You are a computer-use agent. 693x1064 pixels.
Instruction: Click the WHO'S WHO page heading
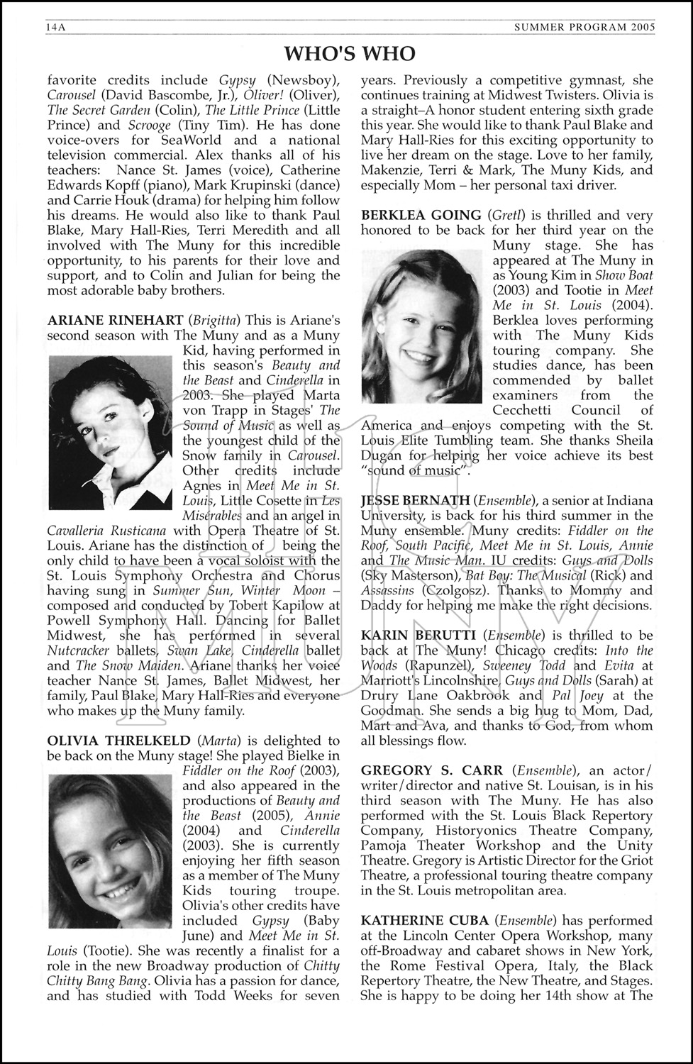(350, 54)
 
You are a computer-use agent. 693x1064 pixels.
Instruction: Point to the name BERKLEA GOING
(421, 215)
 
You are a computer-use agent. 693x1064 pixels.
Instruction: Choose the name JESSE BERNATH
(415, 501)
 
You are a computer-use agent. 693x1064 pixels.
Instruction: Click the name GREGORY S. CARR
(432, 770)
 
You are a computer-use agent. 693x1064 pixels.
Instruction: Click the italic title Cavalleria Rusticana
(106, 531)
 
